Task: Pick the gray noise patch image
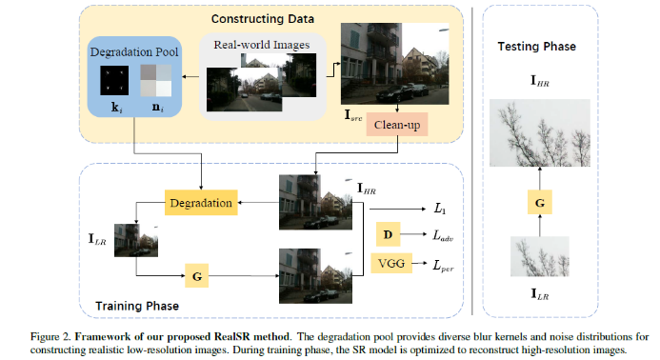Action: (x=154, y=80)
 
